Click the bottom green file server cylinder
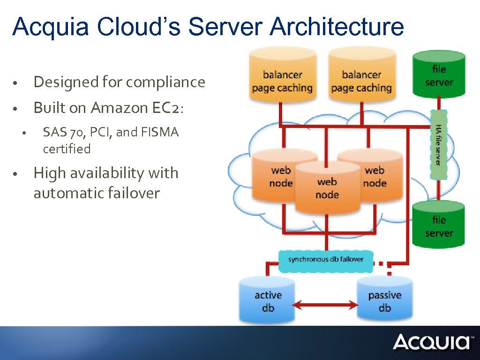click(439, 225)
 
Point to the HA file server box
click(439, 145)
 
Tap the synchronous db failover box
click(326, 259)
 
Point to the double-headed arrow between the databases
click(326, 306)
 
